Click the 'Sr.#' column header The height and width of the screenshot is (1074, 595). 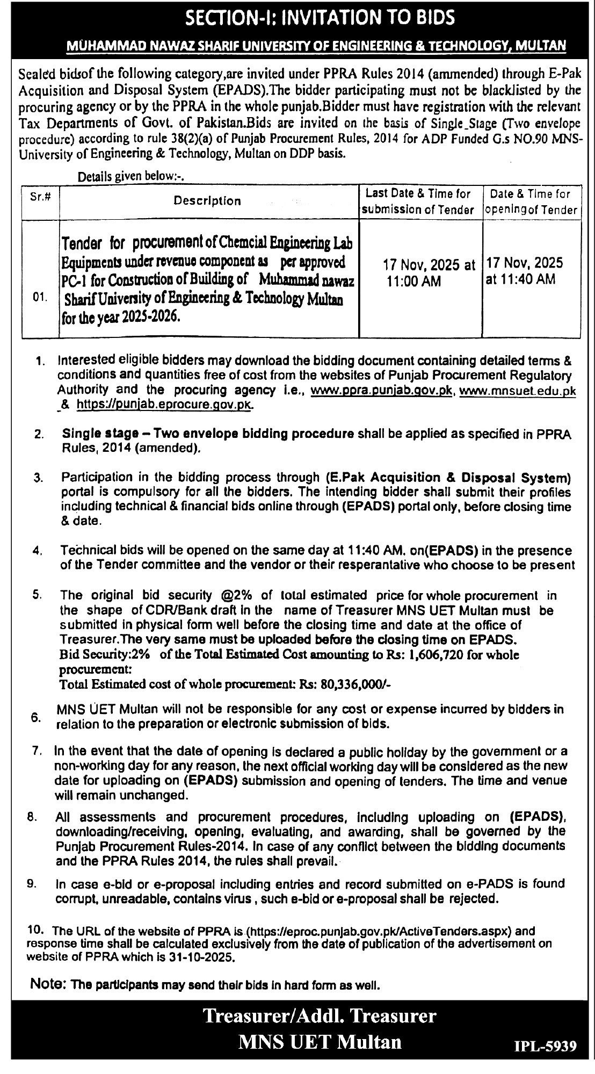[41, 197]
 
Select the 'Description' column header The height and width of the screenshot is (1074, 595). [207, 201]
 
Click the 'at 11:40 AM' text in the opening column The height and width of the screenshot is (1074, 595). [520, 279]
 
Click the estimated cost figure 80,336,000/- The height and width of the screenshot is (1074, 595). [353, 684]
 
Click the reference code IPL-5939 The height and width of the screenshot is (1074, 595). [545, 1047]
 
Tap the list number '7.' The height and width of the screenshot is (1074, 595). [38, 751]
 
